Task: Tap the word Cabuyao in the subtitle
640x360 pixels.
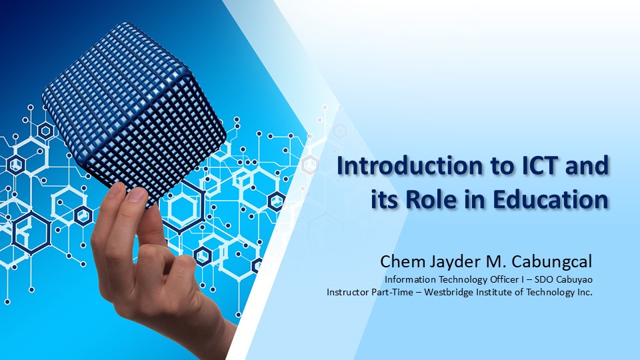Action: pos(575,279)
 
